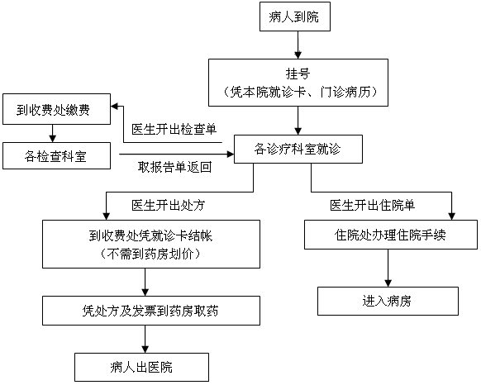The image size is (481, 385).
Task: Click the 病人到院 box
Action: coord(295,17)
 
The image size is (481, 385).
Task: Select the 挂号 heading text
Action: coord(298,74)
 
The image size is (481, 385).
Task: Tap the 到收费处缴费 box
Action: coord(56,109)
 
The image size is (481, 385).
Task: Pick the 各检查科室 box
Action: coord(56,155)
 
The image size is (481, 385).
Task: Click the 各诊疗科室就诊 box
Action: coord(298,149)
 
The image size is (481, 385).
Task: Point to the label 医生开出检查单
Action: coord(174,129)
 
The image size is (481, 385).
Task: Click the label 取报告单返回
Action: coord(174,167)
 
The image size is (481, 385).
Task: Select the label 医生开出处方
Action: coord(169,205)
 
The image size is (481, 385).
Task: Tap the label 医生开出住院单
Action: coord(373,205)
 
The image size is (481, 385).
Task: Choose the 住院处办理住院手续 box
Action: coord(391,235)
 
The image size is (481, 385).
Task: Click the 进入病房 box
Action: coord(388,302)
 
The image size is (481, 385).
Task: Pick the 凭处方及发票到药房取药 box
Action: coord(151,311)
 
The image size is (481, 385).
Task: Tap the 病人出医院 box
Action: coord(141,367)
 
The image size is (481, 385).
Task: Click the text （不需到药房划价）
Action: coord(150,254)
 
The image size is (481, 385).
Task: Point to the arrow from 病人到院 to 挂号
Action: coord(298,45)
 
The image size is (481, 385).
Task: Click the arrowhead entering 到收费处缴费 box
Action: coord(114,107)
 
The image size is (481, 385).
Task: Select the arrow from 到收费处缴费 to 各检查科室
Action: coord(52,134)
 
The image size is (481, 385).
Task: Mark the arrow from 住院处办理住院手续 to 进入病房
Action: coord(388,269)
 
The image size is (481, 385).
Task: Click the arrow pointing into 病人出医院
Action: coord(145,340)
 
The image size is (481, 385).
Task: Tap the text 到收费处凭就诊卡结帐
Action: coord(150,236)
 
